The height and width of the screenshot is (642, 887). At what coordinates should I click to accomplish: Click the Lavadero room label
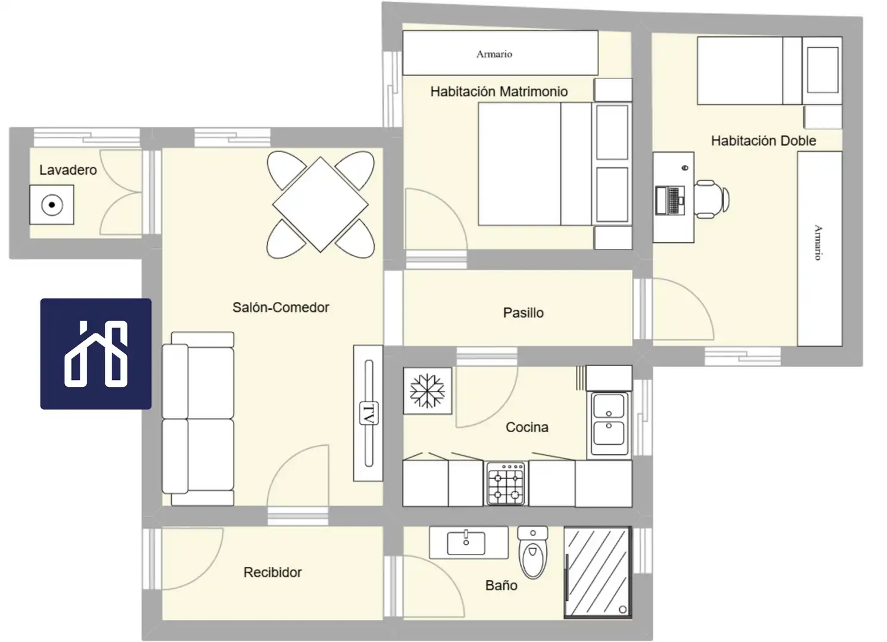tap(68, 170)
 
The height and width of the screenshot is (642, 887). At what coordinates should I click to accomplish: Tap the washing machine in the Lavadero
tap(52, 205)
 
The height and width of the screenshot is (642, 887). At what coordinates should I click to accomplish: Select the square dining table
tap(320, 204)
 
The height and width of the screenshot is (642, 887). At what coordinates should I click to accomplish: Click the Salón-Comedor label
tap(281, 307)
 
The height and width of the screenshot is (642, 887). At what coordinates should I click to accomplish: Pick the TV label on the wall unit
tap(369, 414)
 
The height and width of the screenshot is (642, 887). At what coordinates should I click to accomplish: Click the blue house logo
tap(96, 354)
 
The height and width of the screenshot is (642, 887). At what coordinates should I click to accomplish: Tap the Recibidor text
tap(272, 572)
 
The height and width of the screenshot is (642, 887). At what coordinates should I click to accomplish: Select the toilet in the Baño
tap(533, 552)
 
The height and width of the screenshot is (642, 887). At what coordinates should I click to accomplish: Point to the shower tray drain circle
tap(623, 609)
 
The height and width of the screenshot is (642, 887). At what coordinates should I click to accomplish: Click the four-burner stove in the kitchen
tap(506, 484)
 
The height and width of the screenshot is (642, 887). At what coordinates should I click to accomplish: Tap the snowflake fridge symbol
tap(427, 391)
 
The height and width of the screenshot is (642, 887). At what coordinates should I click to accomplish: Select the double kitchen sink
tap(609, 424)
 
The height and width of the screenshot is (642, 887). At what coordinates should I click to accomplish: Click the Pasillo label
tap(523, 313)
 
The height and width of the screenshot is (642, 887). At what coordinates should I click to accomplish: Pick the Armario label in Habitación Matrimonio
tap(494, 54)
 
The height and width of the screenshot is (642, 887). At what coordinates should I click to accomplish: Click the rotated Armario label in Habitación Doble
tap(818, 243)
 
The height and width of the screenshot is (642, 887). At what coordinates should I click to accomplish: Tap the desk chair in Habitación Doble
tap(712, 199)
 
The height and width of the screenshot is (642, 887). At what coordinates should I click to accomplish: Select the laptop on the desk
tap(670, 200)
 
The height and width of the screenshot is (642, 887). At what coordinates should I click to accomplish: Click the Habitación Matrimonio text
tap(499, 92)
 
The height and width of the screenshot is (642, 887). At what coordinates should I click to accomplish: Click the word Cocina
tap(527, 427)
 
